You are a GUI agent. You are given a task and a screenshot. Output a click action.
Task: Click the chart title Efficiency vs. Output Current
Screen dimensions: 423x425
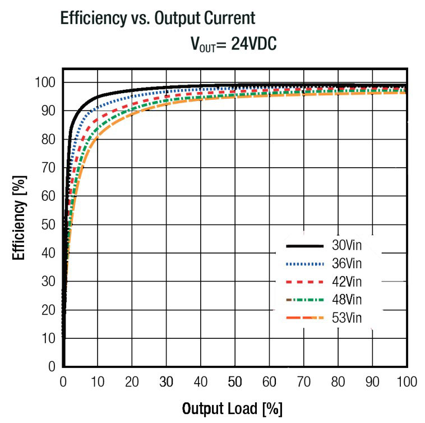pos(158,18)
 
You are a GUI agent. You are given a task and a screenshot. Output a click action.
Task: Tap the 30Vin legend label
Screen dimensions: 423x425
pos(350,246)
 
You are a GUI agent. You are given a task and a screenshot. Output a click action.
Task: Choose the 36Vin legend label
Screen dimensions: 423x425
pos(350,264)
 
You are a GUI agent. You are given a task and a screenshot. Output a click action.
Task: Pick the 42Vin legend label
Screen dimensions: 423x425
pos(350,282)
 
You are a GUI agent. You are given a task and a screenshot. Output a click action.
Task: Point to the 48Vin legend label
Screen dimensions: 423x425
pos(350,300)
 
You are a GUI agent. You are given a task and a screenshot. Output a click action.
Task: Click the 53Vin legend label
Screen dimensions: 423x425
pos(350,318)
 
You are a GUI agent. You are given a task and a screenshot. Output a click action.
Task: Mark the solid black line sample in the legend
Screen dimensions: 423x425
pos(305,246)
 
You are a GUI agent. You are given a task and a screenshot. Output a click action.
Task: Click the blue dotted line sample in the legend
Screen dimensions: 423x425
pos(305,264)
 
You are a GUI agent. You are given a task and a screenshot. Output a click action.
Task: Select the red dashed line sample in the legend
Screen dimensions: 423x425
pos(305,282)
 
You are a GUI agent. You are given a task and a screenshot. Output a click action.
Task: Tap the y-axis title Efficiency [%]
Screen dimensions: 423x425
pos(20,219)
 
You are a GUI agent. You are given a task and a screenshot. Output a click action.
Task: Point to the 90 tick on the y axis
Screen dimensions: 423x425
pos(48,111)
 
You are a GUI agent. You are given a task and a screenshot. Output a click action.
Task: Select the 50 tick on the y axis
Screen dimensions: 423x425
pos(48,224)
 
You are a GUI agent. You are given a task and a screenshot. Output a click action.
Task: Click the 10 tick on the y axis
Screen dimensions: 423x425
pos(48,338)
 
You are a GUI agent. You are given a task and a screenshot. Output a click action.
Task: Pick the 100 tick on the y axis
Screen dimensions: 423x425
pos(45,82)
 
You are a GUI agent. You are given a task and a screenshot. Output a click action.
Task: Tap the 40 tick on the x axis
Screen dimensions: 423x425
pos(201,382)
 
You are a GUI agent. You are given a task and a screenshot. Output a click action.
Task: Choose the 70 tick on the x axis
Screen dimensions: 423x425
pos(303,382)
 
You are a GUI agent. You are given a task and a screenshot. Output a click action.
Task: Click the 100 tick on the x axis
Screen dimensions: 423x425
pos(406,382)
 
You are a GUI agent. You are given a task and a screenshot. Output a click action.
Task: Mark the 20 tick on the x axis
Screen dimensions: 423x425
pos(132,382)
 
